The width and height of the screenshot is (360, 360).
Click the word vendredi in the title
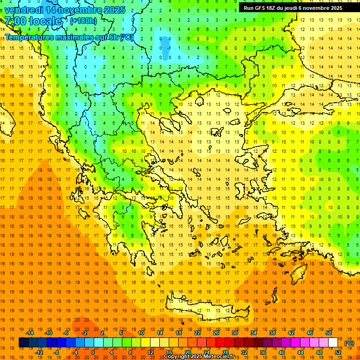click(x=24, y=10)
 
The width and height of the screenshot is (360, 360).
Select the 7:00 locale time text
click(x=33, y=21)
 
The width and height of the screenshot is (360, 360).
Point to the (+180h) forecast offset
click(x=83, y=21)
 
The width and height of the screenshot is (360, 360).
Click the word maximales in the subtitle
click(x=73, y=37)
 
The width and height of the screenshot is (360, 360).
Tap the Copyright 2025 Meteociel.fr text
click(x=199, y=357)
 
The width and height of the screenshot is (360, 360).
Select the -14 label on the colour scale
click(x=30, y=333)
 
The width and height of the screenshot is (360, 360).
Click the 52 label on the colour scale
click(x=338, y=352)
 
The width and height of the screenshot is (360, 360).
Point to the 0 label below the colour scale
click(x=93, y=352)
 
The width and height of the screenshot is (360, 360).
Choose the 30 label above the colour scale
click(x=234, y=333)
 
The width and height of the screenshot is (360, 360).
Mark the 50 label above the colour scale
click(x=328, y=333)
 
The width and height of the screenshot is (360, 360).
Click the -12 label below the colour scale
click(x=39, y=352)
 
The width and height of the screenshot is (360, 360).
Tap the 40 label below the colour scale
click(x=282, y=352)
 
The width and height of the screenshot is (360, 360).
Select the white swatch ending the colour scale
click(x=333, y=343)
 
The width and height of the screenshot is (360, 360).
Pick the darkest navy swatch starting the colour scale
click(x=23, y=343)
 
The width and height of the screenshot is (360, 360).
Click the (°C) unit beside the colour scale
click(x=349, y=343)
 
